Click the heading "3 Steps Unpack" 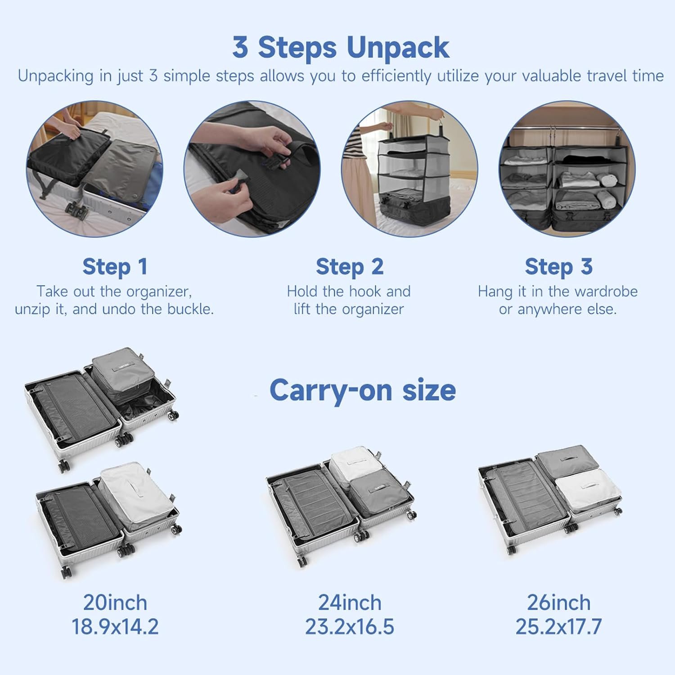pyautogui.click(x=341, y=47)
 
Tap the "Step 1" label pyautogui.click(x=115, y=267)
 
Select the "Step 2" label pyautogui.click(x=350, y=267)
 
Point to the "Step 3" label pyautogui.click(x=558, y=267)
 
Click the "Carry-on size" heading pyautogui.click(x=363, y=390)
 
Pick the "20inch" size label pyautogui.click(x=115, y=603)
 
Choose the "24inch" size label pyautogui.click(x=350, y=603)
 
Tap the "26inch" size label pyautogui.click(x=558, y=603)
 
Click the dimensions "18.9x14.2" pyautogui.click(x=115, y=627)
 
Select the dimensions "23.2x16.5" pyautogui.click(x=350, y=627)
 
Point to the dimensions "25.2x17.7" pyautogui.click(x=558, y=627)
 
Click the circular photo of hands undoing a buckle pyautogui.click(x=252, y=168)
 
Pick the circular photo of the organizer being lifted pyautogui.click(x=409, y=168)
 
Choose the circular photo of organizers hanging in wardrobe pyautogui.click(x=567, y=168)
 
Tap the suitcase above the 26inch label pyautogui.click(x=550, y=499)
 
